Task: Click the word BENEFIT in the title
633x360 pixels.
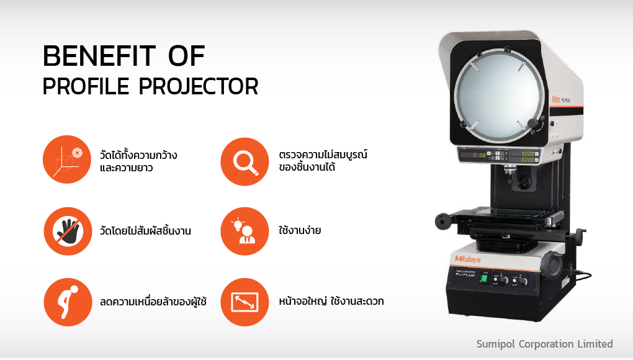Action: click(x=99, y=56)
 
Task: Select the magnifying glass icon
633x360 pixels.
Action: click(x=245, y=161)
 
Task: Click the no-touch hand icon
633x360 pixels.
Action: click(x=68, y=232)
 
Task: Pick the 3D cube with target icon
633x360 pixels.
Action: click(x=67, y=160)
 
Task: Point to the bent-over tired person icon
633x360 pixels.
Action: click(x=68, y=302)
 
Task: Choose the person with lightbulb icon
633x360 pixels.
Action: click(x=245, y=232)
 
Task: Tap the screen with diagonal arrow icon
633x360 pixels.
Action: click(x=245, y=302)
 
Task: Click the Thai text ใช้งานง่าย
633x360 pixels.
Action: click(x=300, y=230)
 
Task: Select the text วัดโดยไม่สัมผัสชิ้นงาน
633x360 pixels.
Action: click(x=145, y=230)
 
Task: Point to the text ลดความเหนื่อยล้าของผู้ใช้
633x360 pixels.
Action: click(x=153, y=301)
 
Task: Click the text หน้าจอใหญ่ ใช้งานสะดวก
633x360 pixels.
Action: click(x=331, y=300)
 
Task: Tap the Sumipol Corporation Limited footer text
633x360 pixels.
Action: click(x=545, y=344)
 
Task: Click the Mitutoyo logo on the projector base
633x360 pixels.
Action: click(x=468, y=259)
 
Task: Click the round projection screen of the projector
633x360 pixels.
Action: click(x=500, y=98)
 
